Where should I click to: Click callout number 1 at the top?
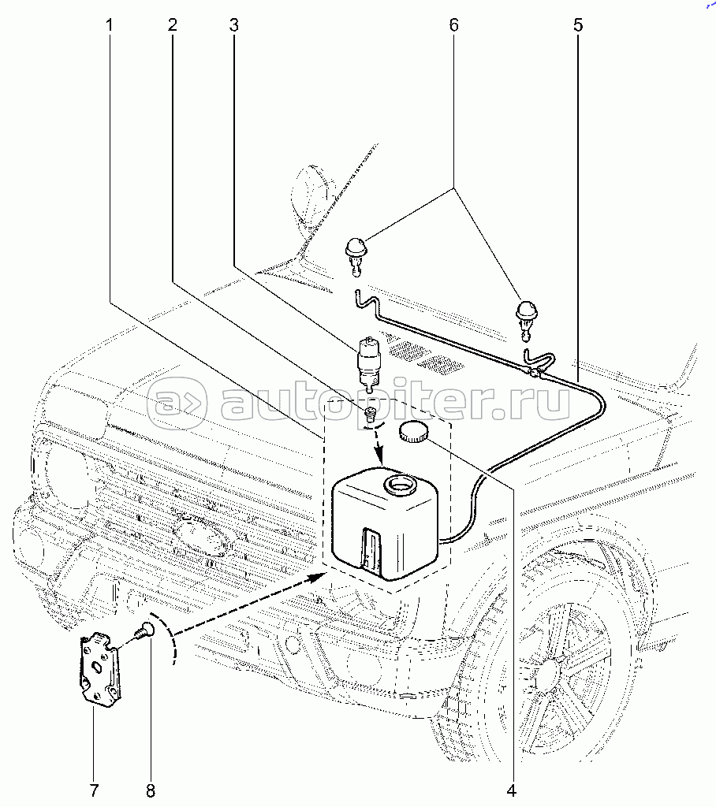(x=110, y=25)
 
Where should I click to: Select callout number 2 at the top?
(x=172, y=25)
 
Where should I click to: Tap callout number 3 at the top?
(x=233, y=25)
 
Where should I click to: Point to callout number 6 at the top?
(x=453, y=25)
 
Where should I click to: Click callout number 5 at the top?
(x=578, y=25)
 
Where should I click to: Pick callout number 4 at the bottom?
(x=511, y=789)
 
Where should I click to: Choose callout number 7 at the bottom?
(x=94, y=789)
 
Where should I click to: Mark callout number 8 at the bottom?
(x=150, y=789)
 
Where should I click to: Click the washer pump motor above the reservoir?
(x=367, y=363)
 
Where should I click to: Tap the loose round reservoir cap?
(x=413, y=431)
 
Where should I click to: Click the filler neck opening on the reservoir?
(x=397, y=484)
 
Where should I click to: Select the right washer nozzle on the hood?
(x=526, y=314)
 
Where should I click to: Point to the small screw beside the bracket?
(x=144, y=631)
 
